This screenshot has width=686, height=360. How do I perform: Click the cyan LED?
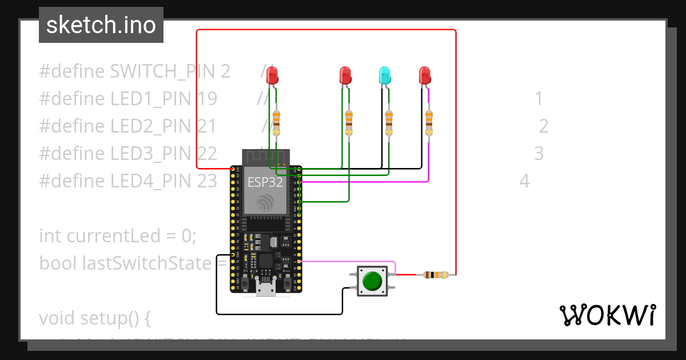385,74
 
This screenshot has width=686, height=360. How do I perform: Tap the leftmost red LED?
273,74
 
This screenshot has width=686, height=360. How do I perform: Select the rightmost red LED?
424,74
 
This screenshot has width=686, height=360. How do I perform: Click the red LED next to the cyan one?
345,74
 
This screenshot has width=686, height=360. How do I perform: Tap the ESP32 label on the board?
265,182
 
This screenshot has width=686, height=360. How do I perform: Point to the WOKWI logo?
607,315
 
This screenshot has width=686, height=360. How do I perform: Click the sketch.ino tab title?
101,25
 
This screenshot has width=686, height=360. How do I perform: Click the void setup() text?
95,318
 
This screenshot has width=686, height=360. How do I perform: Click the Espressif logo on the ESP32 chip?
265,202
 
